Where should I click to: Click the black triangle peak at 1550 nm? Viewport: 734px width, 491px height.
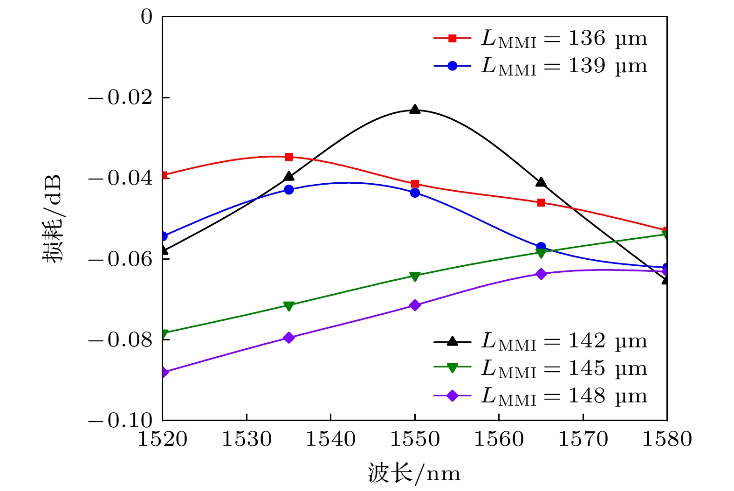(415, 110)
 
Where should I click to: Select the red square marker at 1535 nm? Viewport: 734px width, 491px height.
(289, 157)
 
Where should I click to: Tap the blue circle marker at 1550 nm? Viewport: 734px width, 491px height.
(415, 193)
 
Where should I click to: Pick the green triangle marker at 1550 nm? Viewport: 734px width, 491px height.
(415, 277)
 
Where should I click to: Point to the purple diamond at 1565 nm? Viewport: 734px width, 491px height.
(541, 274)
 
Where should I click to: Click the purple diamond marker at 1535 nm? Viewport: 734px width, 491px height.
(289, 338)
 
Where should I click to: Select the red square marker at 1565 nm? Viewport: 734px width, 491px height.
(541, 202)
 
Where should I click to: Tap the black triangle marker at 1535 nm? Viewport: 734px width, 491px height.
(289, 176)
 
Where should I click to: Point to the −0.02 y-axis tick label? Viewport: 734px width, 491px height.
(121, 97)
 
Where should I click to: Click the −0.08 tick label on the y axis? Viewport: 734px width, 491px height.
(121, 340)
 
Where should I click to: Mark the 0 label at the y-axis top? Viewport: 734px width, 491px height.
(146, 17)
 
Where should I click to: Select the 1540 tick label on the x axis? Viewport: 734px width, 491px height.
(330, 440)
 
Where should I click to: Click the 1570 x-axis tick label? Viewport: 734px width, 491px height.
(583, 440)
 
